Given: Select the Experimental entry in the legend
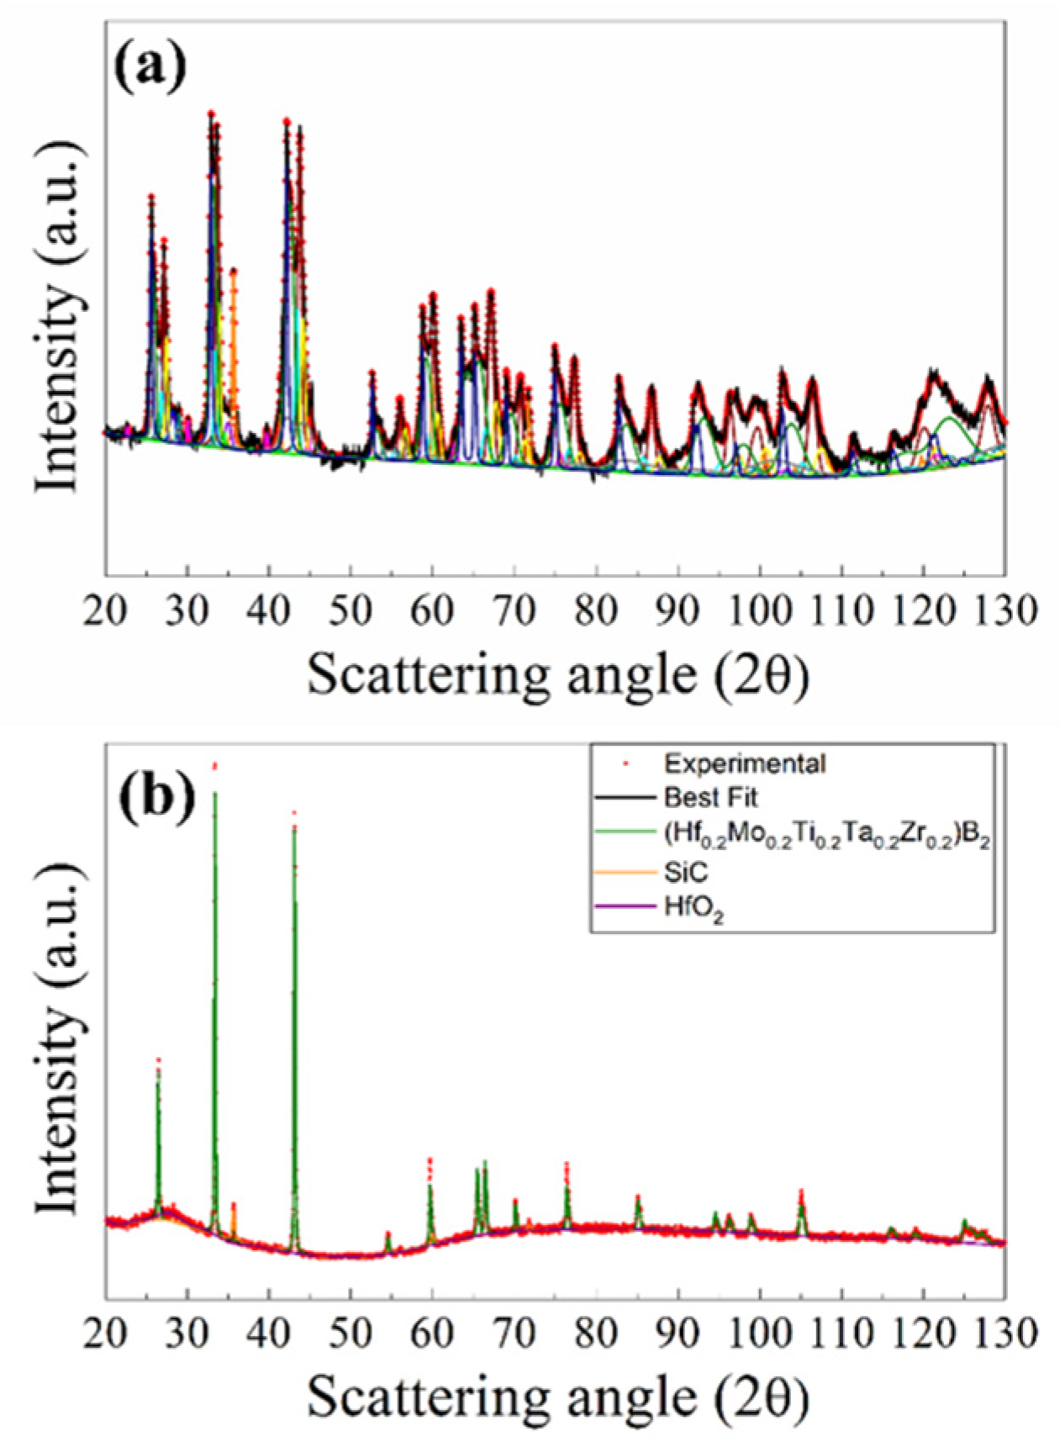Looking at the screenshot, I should tap(744, 763).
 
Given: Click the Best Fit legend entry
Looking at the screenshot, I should tap(710, 797).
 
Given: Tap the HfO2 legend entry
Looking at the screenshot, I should tap(693, 909).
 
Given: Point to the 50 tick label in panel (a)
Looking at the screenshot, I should tap(351, 610).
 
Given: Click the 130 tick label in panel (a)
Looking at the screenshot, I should tap(1005, 610).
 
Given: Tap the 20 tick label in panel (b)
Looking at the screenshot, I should tap(106, 1333).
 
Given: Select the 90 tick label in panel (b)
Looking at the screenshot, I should tap(678, 1333).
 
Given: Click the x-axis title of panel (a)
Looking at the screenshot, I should tap(557, 674).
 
